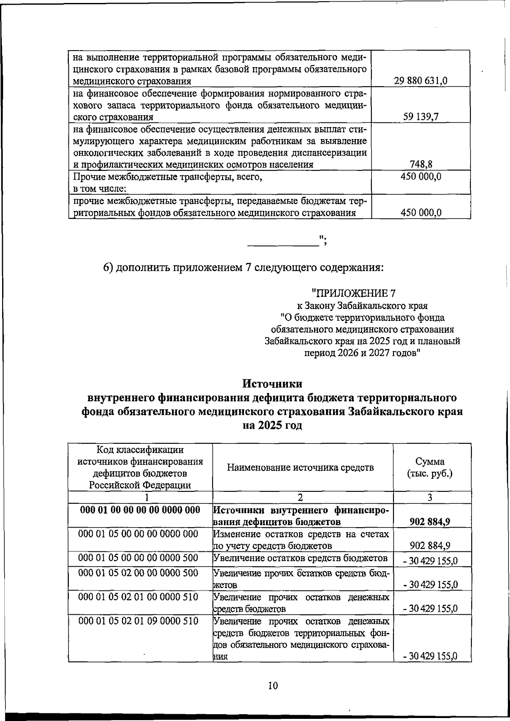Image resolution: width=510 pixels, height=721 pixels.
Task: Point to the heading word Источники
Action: (x=272, y=383)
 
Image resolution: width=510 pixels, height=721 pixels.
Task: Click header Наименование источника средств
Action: (x=300, y=468)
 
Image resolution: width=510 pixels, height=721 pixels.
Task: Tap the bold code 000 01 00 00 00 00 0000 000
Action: (x=140, y=510)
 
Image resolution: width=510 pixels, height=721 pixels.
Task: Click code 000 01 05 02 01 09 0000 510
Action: (x=139, y=621)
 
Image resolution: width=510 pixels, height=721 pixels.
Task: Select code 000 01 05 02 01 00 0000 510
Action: (x=139, y=597)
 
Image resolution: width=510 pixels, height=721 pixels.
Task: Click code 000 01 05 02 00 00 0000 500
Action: (x=139, y=573)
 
